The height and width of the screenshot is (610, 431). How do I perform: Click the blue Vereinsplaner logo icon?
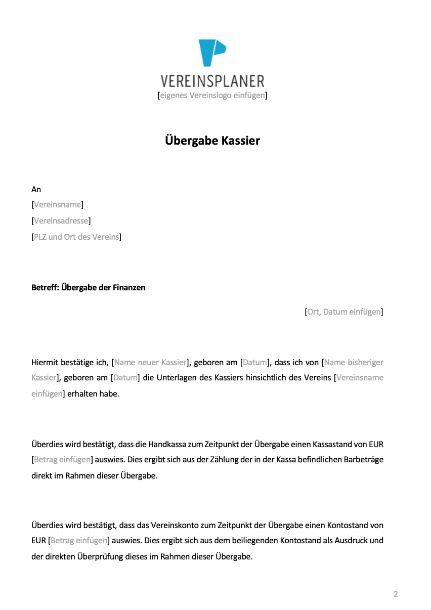211,53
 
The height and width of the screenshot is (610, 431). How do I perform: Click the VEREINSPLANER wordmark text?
212,81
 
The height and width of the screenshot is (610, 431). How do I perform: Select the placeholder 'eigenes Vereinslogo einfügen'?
212,95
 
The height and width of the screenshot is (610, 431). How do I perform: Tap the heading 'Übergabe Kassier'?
212,140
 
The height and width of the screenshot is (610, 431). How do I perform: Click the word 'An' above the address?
36,189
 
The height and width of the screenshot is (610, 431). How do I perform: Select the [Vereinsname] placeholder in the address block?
57,205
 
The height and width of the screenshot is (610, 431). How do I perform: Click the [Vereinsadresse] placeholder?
61,221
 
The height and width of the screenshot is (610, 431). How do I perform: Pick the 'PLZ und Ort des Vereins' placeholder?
76,237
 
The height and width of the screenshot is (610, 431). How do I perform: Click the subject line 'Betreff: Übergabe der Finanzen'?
88,287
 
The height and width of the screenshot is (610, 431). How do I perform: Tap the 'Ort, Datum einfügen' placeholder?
343,312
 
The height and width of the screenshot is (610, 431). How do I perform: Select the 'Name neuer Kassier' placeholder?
151,362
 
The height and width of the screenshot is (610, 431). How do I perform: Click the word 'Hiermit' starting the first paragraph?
45,362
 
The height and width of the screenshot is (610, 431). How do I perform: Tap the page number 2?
396,594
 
